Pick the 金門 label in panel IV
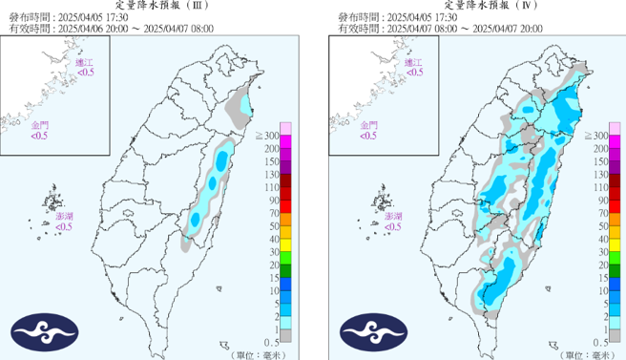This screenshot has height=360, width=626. [x=368, y=126]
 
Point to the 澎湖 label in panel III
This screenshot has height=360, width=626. [x=64, y=218]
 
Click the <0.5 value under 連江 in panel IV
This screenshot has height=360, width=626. [x=413, y=72]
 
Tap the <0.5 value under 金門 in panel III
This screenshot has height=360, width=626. [x=40, y=136]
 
